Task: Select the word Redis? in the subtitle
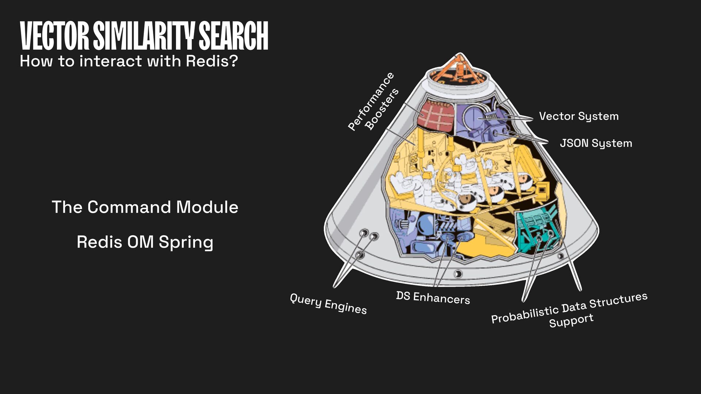click(212, 61)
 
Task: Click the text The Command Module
click(145, 207)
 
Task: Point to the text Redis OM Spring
click(145, 242)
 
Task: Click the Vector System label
click(579, 116)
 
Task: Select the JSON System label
click(596, 143)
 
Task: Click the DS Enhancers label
click(433, 298)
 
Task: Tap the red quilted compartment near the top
click(437, 115)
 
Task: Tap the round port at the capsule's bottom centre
click(458, 274)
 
